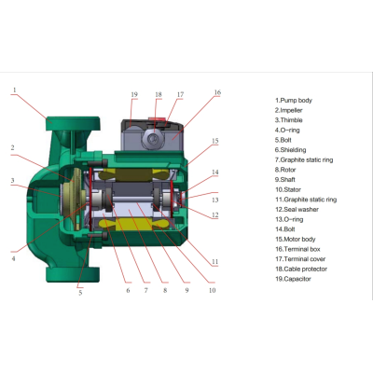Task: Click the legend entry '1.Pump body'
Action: (294, 101)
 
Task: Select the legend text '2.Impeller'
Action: (288, 110)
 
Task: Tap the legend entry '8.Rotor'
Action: (285, 170)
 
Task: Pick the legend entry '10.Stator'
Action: (288, 189)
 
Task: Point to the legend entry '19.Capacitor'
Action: (293, 279)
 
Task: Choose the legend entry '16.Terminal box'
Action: (297, 249)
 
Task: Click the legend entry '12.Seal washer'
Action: (297, 210)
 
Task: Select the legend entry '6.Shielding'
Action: (290, 150)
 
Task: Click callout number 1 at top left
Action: (14, 90)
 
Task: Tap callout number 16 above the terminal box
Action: (217, 92)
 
